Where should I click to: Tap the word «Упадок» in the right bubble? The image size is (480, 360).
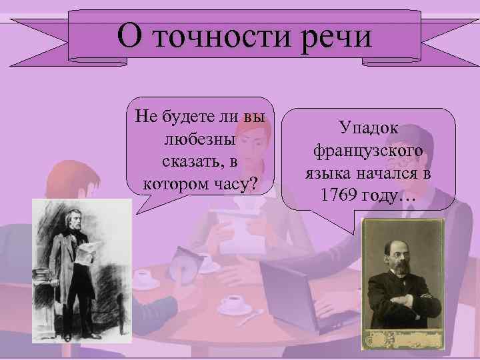pyautogui.click(x=369, y=127)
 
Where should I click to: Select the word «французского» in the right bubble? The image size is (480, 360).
pyautogui.click(x=369, y=151)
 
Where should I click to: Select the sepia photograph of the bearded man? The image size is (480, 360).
pyautogui.click(x=401, y=280)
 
